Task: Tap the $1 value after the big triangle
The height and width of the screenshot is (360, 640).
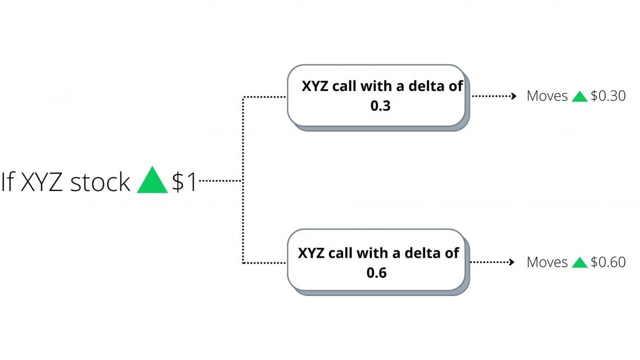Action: tap(185, 183)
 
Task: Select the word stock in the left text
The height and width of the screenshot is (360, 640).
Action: tap(100, 183)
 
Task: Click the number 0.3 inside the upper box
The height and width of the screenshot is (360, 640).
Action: tap(380, 106)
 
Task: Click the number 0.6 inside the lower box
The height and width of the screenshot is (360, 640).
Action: tap(376, 272)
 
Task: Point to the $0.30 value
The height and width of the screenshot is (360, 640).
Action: tap(608, 96)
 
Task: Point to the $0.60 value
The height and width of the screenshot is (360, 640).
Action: tap(608, 262)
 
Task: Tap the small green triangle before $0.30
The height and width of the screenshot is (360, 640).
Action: tap(579, 97)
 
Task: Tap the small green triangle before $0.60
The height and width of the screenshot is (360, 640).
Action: tap(579, 263)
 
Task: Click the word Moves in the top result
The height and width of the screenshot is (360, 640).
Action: tap(547, 96)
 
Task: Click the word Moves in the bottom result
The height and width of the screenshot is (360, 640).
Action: tap(547, 262)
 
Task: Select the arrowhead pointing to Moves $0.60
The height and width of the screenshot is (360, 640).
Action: tap(511, 262)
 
